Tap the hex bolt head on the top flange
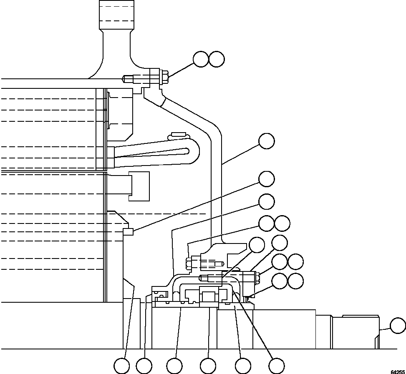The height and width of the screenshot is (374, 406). (x=164, y=78)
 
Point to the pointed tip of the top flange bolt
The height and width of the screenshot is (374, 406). (x=124, y=78)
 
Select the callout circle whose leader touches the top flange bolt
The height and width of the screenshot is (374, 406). (x=201, y=59)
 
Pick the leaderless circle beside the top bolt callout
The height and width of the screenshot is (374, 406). (x=217, y=59)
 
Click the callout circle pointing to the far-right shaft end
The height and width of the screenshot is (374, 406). (x=397, y=326)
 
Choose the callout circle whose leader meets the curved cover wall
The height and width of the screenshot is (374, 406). (x=267, y=141)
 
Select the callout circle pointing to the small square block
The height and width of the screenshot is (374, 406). (x=267, y=179)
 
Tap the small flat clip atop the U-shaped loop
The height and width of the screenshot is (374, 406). (x=177, y=135)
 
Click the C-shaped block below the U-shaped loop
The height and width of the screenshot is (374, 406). (x=139, y=186)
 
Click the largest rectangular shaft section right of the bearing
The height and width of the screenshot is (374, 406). (x=284, y=329)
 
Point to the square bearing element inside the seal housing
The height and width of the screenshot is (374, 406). (x=208, y=297)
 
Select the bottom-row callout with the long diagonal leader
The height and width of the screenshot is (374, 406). (x=276, y=366)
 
